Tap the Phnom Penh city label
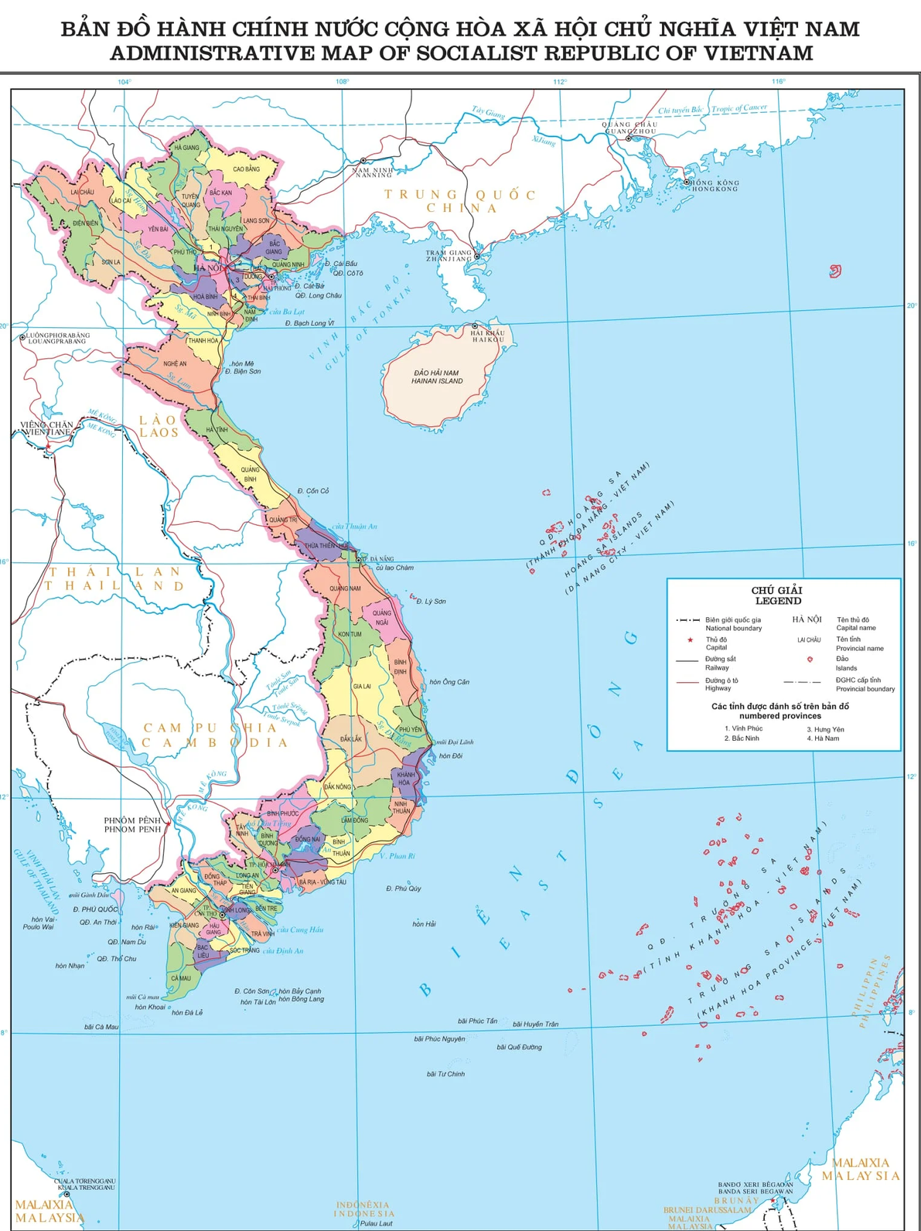click(132, 824)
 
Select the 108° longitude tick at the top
click(342, 81)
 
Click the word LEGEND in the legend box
click(778, 601)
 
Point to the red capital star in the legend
click(690, 639)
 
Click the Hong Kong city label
click(715, 186)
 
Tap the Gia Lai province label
click(361, 686)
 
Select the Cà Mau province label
click(180, 978)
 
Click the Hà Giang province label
click(186, 147)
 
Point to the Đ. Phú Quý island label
click(404, 888)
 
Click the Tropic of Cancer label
click(739, 108)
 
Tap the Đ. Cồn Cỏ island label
click(312, 491)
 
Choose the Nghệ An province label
click(175, 363)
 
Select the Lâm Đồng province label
click(354, 820)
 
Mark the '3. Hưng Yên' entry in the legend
click(825, 729)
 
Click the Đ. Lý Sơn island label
click(431, 601)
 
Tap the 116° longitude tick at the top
click(778, 81)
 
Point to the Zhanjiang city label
click(449, 255)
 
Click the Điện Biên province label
click(85, 223)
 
